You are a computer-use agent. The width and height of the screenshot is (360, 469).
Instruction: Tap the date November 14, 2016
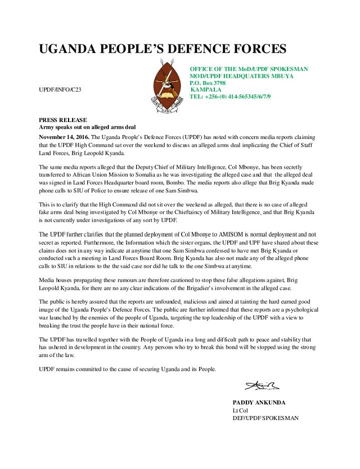tap(64, 137)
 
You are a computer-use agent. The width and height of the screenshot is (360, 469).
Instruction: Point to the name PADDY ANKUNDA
tap(259, 403)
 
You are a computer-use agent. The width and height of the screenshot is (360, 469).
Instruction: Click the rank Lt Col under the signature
tap(240, 411)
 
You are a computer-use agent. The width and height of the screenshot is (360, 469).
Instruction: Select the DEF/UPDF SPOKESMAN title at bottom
tap(265, 418)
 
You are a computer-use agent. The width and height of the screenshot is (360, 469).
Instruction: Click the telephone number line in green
tap(230, 97)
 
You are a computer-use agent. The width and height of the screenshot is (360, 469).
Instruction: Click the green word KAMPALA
tap(206, 89)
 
